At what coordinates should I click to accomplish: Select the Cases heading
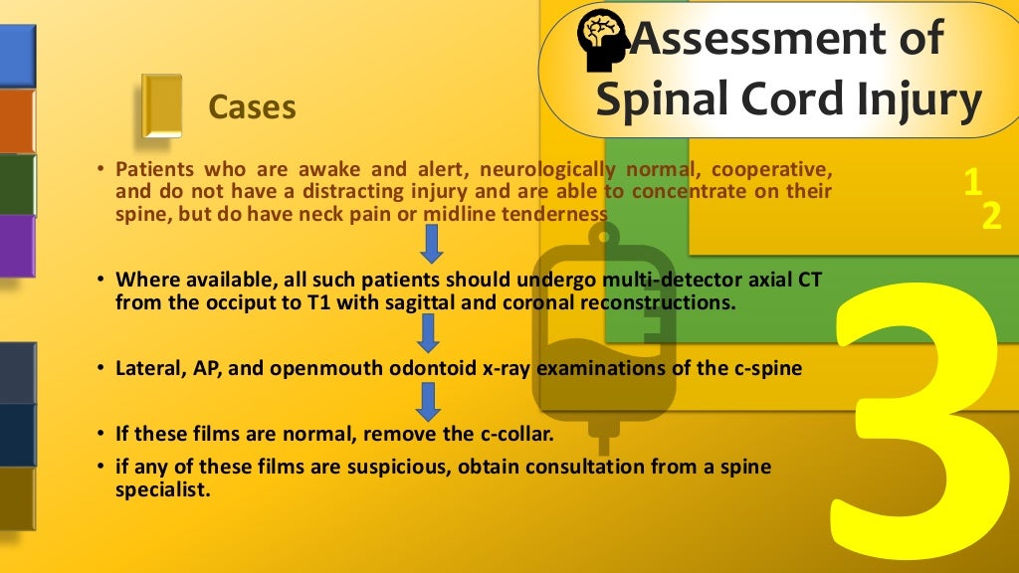[252, 106]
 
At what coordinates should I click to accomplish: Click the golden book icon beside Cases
[161, 105]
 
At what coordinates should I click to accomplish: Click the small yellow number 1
[972, 181]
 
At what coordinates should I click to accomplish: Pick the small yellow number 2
[991, 217]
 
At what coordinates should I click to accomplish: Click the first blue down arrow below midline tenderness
[432, 244]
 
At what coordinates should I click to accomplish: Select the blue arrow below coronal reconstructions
[428, 332]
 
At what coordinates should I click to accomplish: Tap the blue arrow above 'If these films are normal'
[428, 402]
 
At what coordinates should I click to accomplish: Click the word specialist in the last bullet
[163, 488]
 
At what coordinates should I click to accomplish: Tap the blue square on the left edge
[17, 56]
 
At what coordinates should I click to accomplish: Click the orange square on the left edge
[17, 121]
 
